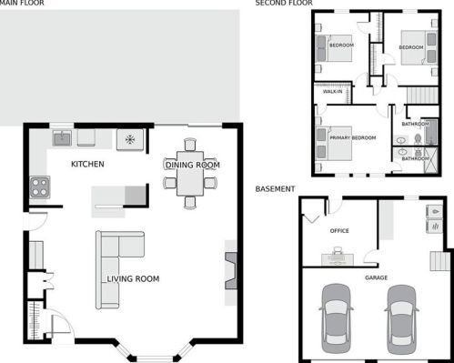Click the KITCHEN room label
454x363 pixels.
click(87, 164)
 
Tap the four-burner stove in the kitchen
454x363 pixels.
click(40, 187)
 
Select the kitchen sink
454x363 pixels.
click(62, 138)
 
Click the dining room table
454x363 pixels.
click(190, 174)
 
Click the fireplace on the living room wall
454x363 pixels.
click(230, 271)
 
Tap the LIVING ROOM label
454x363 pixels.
click(133, 278)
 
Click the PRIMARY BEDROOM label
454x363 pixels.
click(353, 137)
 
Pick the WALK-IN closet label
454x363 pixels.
click(333, 91)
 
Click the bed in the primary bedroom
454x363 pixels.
click(334, 144)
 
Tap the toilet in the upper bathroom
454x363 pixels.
click(418, 139)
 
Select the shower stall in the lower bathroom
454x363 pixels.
click(431, 160)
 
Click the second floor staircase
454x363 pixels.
click(423, 96)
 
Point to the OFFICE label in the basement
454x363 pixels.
click(339, 231)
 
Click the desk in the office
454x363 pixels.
click(338, 260)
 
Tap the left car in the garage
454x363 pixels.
click(336, 318)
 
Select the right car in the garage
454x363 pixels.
click(402, 319)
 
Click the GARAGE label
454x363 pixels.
click(376, 277)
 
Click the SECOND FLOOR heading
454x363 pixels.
click(284, 3)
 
